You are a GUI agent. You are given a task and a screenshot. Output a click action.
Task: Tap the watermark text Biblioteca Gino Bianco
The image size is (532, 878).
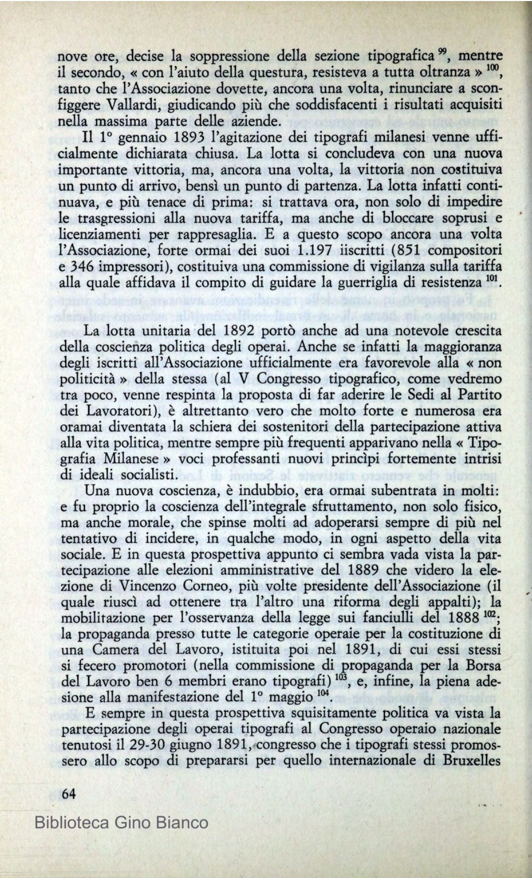tap(122, 823)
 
